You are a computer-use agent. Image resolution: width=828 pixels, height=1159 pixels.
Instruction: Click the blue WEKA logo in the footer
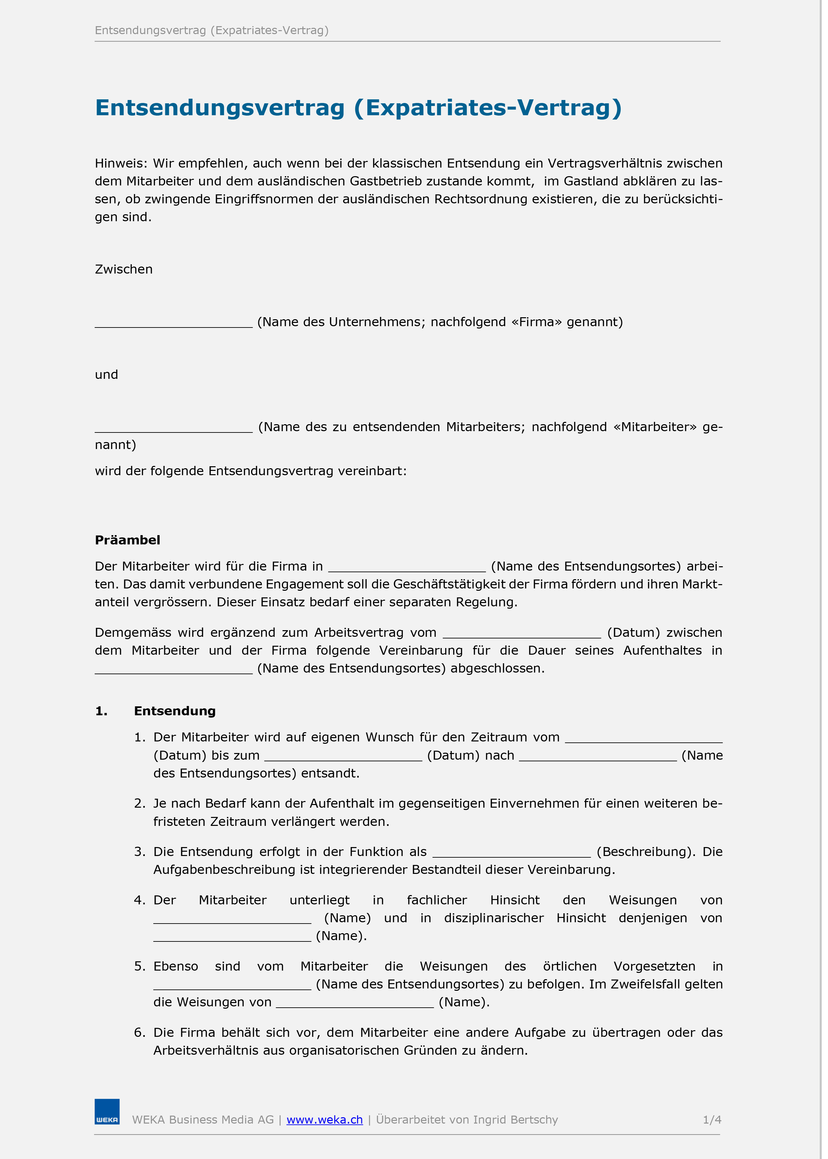click(107, 1112)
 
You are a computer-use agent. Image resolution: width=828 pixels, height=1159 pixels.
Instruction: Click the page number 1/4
click(712, 1120)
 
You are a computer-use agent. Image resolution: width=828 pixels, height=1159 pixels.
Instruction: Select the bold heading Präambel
click(128, 540)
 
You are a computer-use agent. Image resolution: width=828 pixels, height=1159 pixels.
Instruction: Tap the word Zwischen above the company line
click(124, 269)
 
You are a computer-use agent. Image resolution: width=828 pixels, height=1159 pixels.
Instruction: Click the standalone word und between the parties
click(106, 375)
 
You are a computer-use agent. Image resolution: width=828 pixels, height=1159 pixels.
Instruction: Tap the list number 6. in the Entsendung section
click(140, 1033)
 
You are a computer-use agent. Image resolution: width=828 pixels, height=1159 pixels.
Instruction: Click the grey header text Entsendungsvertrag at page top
click(150, 30)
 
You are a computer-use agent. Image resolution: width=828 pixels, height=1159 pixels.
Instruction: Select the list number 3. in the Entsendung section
click(140, 852)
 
